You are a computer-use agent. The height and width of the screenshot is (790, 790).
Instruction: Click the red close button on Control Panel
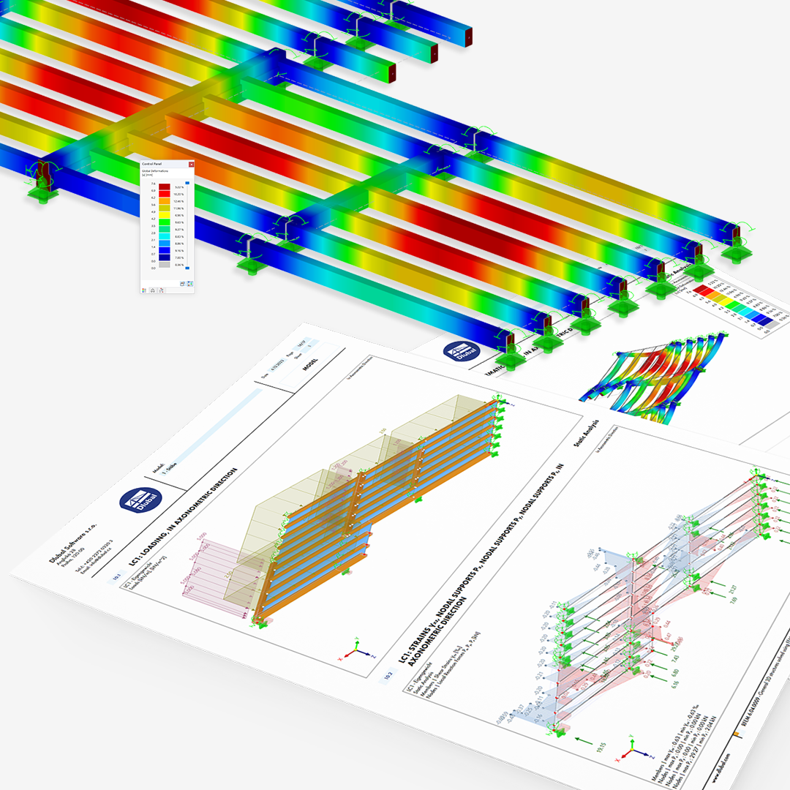[x=191, y=165]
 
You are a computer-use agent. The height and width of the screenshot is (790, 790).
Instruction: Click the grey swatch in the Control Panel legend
[x=165, y=268]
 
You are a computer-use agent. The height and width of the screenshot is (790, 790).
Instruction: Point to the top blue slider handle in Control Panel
[x=187, y=183]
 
